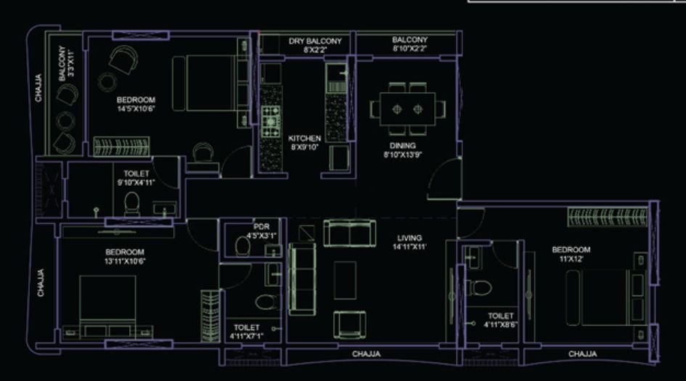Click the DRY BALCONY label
(x=315, y=41)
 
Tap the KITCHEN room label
(x=305, y=138)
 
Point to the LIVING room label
(x=410, y=238)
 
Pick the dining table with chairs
(x=407, y=108)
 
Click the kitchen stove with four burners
(x=271, y=121)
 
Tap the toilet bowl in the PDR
(x=243, y=247)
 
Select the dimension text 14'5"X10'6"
(x=136, y=109)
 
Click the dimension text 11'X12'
(x=571, y=258)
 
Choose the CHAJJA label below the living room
(x=367, y=354)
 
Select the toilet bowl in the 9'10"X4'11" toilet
(x=132, y=202)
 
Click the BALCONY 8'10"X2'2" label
(x=409, y=44)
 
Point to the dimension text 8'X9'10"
(x=305, y=147)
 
